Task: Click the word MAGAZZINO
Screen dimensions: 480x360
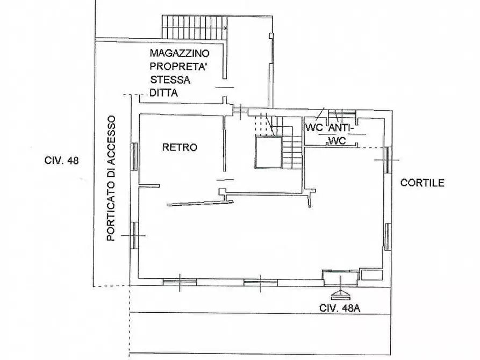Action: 180,53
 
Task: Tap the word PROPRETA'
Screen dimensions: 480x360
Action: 177,67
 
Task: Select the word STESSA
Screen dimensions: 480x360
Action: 170,80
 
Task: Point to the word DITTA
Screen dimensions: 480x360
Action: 164,93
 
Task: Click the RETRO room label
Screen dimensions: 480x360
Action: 180,147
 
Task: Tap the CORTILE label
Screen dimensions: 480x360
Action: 422,183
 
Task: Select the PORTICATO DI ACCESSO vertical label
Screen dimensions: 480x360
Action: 111,178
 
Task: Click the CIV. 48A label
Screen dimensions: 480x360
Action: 340,308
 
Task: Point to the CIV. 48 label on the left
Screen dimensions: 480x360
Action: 61,161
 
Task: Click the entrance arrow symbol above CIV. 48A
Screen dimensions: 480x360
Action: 341,295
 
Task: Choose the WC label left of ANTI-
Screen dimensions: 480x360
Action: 314,128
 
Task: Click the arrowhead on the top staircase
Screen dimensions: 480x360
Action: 226,28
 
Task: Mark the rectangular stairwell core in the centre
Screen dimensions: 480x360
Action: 268,153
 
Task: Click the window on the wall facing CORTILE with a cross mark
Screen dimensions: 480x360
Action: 388,160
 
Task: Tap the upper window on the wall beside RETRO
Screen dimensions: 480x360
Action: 134,157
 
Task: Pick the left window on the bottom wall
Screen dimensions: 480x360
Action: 180,282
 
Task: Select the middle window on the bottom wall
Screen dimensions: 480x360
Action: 261,282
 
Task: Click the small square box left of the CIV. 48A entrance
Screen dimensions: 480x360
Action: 371,275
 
